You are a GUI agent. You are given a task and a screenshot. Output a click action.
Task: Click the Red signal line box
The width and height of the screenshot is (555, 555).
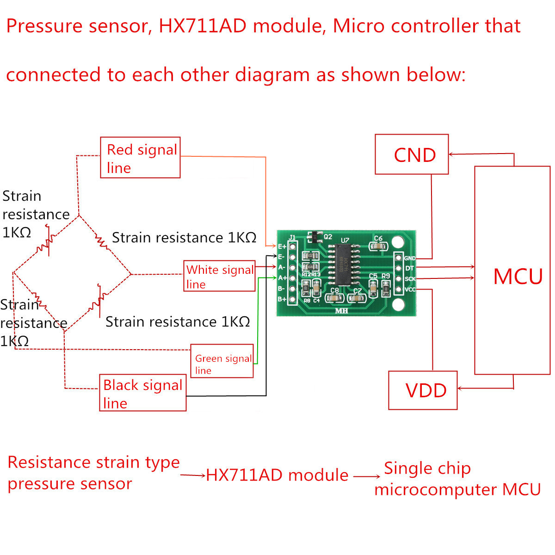click(x=140, y=158)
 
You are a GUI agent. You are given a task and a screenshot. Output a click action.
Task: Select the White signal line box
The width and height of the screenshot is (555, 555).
click(x=219, y=276)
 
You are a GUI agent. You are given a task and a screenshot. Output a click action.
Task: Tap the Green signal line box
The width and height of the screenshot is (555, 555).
click(x=222, y=361)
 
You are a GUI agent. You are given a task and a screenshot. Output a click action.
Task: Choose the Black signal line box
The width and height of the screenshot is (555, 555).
click(x=142, y=393)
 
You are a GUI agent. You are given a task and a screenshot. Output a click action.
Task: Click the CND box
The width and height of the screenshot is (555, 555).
click(x=412, y=154)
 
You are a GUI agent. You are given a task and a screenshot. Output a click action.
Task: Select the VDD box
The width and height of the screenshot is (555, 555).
click(x=423, y=390)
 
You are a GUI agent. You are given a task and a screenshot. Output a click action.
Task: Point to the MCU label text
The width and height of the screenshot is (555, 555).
click(x=518, y=277)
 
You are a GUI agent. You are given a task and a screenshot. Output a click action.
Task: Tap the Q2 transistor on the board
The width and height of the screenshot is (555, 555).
click(x=314, y=237)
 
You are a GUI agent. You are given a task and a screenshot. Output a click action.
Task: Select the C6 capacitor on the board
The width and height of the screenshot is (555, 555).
click(x=378, y=247)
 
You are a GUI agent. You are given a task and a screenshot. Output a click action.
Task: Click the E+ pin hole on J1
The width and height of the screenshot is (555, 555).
click(x=292, y=247)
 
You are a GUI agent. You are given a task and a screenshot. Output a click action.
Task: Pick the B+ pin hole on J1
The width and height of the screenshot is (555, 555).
click(x=292, y=299)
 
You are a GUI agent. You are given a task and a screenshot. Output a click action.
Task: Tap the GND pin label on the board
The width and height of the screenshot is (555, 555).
click(x=410, y=258)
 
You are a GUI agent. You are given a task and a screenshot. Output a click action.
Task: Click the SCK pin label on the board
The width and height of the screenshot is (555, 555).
click(x=410, y=279)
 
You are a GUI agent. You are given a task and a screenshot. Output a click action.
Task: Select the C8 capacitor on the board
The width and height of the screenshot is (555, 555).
click(x=334, y=298)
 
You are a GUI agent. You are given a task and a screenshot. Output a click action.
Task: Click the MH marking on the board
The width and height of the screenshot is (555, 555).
click(x=341, y=311)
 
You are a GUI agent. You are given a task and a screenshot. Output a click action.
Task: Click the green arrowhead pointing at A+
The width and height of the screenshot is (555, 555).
click(x=275, y=277)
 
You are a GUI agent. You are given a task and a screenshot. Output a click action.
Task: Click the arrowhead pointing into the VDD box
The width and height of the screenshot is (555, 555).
click(x=460, y=388)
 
